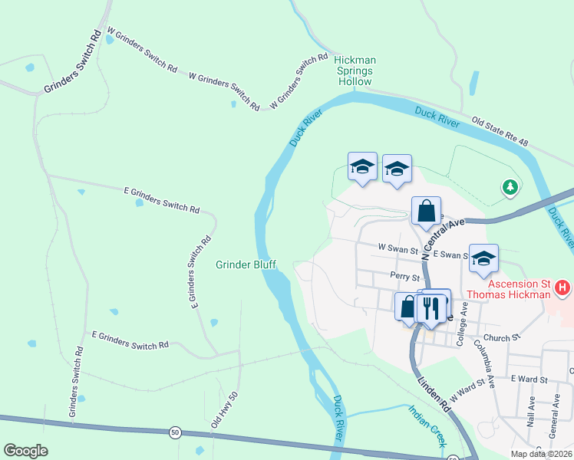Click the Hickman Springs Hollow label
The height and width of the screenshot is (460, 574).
coord(353,70)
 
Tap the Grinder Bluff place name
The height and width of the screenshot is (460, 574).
coord(244,265)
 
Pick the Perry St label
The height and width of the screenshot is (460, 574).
coord(404,278)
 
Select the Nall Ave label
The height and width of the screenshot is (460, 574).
coord(531,412)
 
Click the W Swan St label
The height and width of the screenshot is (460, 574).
coord(398,248)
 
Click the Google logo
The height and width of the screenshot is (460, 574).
coord(26,451)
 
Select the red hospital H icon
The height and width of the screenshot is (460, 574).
coord(563,289)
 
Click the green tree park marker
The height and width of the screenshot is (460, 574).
coord(510,186)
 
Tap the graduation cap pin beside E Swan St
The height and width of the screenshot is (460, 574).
coord(483,259)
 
